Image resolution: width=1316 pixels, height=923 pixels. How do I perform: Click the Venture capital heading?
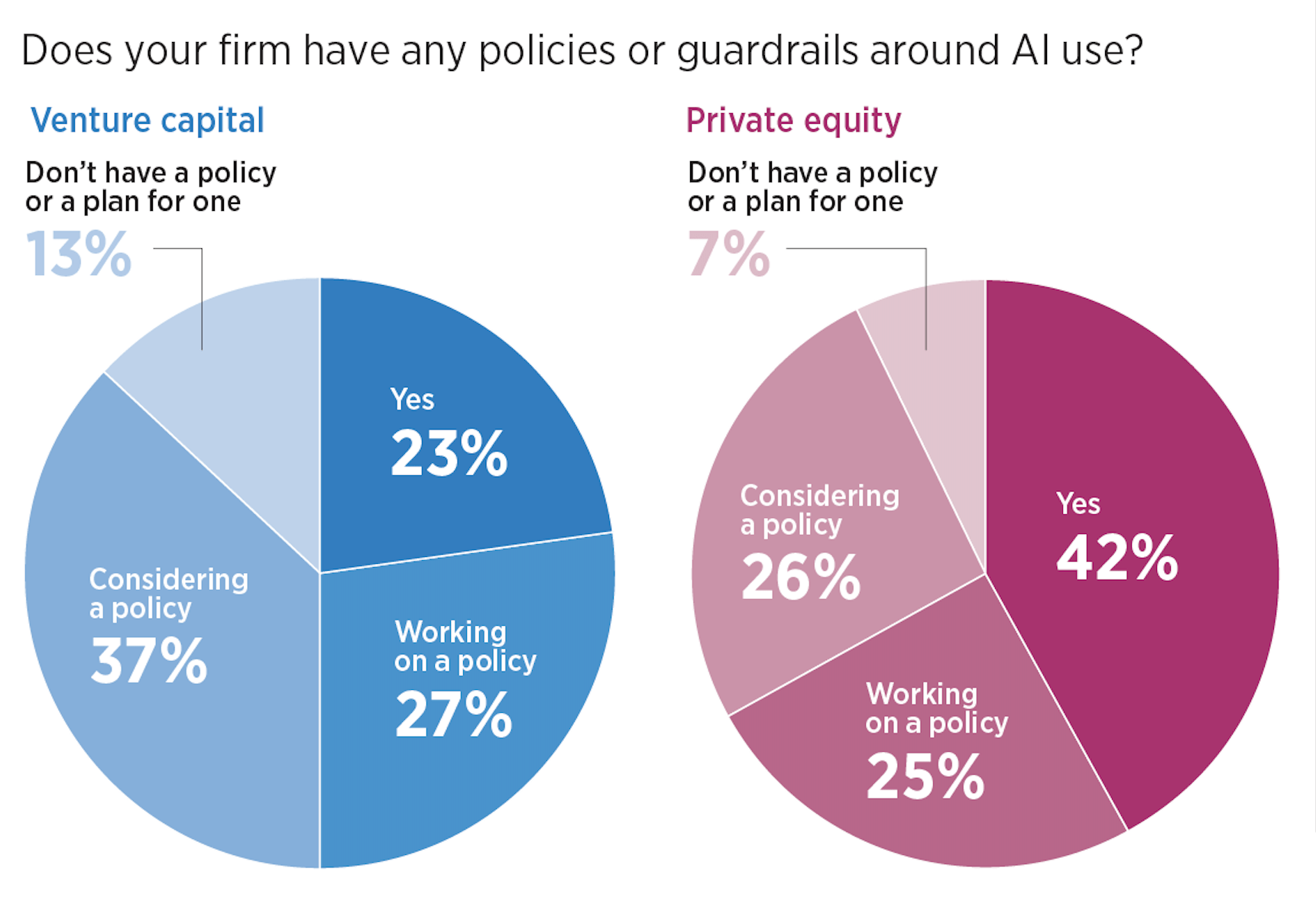coord(147,121)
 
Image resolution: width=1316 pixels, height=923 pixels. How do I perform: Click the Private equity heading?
coord(793,121)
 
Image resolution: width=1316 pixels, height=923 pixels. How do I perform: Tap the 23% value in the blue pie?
coord(449,453)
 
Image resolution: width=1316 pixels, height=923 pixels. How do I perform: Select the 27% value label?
coord(453,714)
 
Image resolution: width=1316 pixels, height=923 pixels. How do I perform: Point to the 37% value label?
coord(149,661)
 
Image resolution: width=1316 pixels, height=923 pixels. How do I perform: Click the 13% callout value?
coord(79,254)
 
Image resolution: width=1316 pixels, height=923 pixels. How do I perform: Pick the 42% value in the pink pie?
coord(1117,558)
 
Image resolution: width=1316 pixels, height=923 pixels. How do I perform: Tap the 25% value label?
coord(925,777)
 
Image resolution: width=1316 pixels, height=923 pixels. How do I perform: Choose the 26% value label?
coord(801,578)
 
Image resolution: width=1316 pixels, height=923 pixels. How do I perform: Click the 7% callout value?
coord(729,254)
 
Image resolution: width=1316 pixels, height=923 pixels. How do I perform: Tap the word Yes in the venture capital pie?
coord(412,400)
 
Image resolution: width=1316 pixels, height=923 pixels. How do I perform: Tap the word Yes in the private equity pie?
coord(1078,504)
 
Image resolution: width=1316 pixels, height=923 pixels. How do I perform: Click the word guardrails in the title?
coord(768,52)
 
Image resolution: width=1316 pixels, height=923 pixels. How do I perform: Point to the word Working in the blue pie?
coord(450,632)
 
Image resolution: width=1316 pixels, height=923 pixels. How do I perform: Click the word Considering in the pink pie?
coord(819,496)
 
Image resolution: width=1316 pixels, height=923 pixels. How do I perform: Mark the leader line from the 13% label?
coord(202,298)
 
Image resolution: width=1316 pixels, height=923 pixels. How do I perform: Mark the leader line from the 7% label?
coord(925,298)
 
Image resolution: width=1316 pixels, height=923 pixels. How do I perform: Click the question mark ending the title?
coord(1132,50)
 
